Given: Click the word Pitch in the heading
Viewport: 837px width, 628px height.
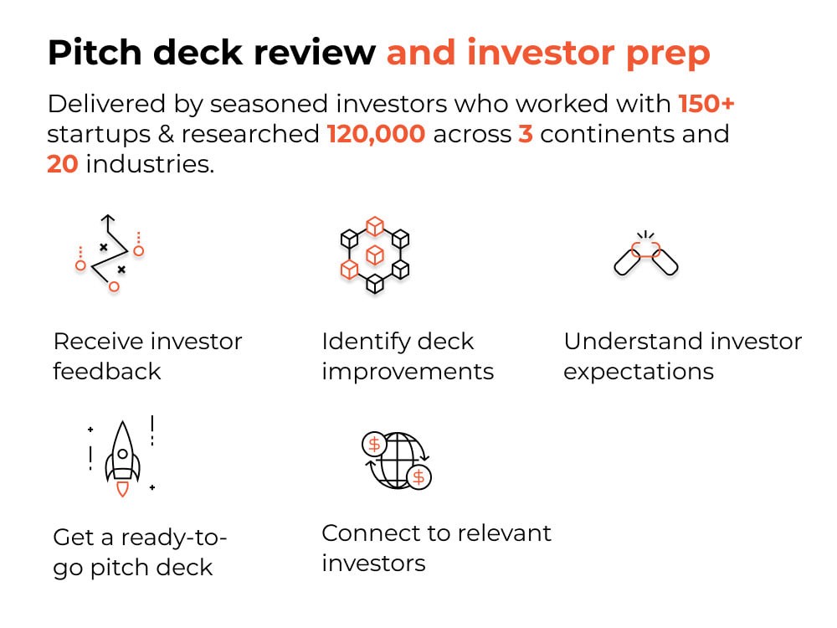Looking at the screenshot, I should coord(93,53).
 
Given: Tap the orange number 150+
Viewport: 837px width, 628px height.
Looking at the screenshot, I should coord(706,105).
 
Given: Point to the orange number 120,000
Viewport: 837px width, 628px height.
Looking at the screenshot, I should coord(376,134).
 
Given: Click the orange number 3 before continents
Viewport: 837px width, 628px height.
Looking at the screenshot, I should coord(526,134).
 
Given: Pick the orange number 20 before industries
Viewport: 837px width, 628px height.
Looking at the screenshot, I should coord(63,163).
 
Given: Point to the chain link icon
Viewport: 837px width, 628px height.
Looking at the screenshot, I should coord(645,255).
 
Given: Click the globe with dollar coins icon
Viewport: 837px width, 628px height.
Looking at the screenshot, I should coord(394,461).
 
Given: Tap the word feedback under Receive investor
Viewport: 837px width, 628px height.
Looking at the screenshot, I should coord(107,371).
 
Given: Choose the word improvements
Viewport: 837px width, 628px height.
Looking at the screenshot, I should coord(408,371).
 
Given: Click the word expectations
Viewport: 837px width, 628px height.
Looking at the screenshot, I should coord(639,371).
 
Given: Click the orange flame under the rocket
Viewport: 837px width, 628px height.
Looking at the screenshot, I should coord(122,490).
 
